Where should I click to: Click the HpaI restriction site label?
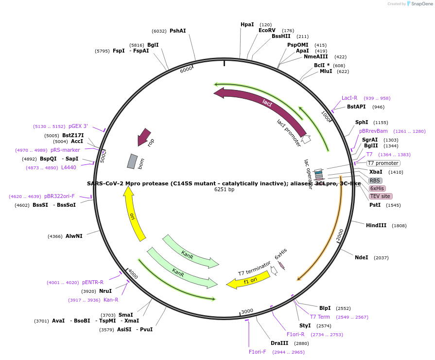[247, 24]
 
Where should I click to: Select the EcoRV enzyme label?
[267, 30]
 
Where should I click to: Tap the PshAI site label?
[177, 31]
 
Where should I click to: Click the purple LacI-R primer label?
[349, 98]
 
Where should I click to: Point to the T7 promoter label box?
[383, 163]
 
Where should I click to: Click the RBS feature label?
[375, 180]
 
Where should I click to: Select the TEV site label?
[380, 196]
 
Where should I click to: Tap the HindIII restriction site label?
[376, 225]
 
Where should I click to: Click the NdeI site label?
[361, 257]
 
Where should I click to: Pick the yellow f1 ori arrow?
[249, 280]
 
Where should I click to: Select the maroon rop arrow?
[144, 137]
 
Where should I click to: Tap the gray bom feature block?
[132, 161]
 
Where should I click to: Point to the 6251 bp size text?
[224, 190]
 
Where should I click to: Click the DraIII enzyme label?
[279, 343]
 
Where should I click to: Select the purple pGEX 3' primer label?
[78, 126]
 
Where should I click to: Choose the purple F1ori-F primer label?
[257, 352]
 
